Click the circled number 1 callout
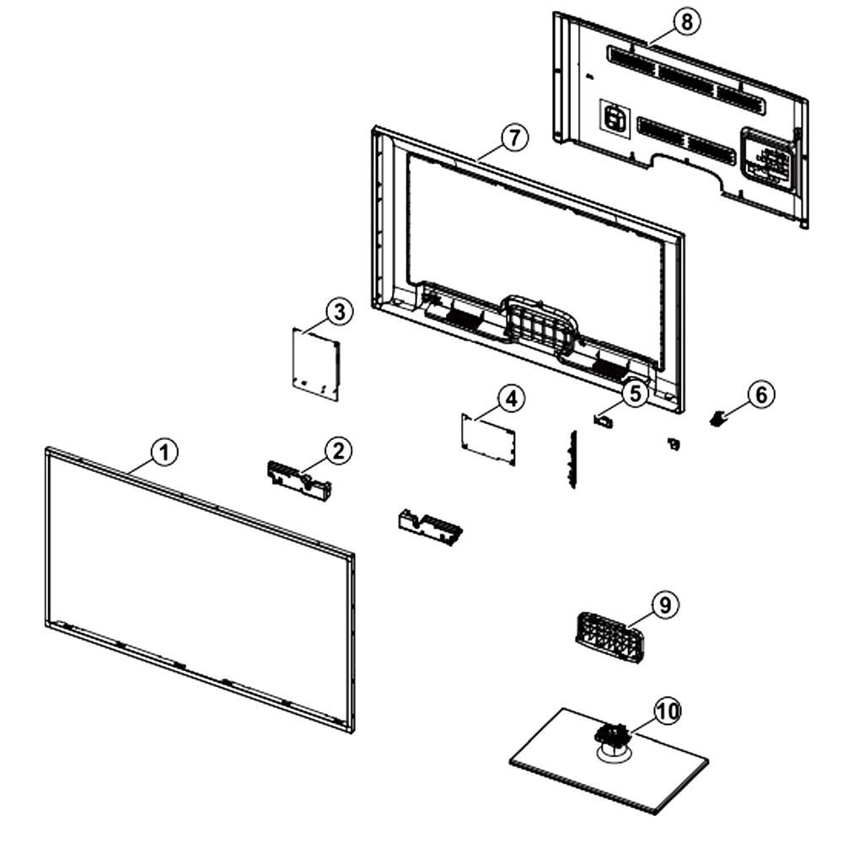coord(164,452)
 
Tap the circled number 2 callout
coord(339,451)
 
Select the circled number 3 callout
coord(340,312)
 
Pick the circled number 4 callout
coord(512,399)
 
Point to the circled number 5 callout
coord(636,394)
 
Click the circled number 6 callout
coord(761,395)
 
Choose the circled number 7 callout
coord(514,138)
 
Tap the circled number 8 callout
coord(686,23)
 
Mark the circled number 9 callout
coord(665,604)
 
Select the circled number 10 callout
coord(667,711)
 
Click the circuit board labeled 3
coord(316,364)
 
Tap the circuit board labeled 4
coord(488,439)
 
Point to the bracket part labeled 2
coord(299,481)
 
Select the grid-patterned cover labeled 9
coord(609,637)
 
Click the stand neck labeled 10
coord(611,736)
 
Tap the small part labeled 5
coord(604,419)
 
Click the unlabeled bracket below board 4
coord(430,528)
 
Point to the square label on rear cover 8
coord(614,119)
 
